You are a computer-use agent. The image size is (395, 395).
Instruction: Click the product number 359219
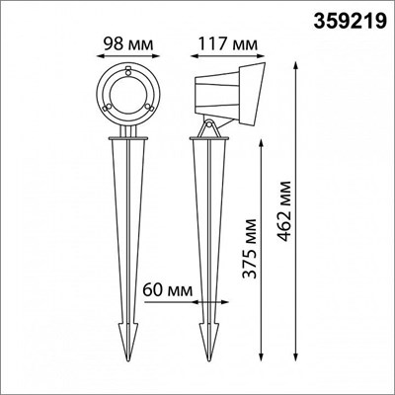(350, 22)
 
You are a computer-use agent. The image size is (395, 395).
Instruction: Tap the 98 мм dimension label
(128, 43)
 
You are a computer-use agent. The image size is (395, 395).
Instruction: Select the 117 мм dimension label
(228, 43)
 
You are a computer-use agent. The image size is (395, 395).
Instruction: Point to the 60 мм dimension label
(168, 290)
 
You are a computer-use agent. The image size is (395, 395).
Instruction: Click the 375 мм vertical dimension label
(249, 249)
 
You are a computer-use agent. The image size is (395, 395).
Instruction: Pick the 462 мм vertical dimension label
(283, 210)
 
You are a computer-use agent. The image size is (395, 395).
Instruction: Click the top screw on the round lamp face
(128, 70)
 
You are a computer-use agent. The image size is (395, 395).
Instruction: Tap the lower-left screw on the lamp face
(106, 108)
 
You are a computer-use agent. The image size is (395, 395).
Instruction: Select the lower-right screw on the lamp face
(149, 107)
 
